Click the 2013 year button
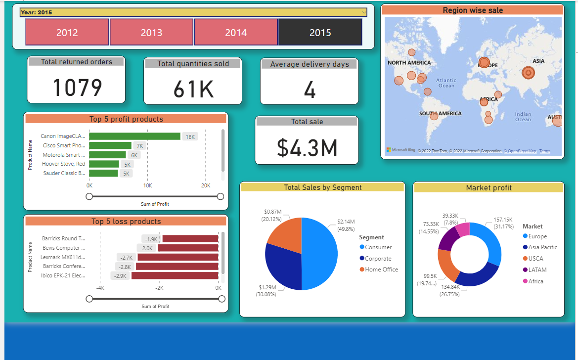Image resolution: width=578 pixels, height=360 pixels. click(151, 33)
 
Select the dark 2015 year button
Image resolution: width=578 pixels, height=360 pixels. click(320, 33)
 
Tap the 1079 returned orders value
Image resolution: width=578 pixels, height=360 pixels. click(77, 88)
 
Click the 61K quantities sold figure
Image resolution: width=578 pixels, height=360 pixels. click(193, 90)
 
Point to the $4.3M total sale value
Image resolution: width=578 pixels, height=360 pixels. click(307, 147)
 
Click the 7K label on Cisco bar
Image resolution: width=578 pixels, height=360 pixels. click(140, 146)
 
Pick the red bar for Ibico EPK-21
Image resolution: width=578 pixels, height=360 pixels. click(175, 275)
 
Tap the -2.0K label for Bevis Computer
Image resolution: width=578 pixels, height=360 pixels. click(147, 248)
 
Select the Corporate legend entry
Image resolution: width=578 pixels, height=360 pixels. click(378, 259)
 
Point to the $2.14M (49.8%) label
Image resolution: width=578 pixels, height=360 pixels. click(346, 225)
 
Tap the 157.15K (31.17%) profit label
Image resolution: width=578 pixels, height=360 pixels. click(503, 223)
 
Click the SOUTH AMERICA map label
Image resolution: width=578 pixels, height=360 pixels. click(440, 113)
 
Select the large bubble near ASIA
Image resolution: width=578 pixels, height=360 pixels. click(528, 73)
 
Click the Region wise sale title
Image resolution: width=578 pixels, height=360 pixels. click(473, 10)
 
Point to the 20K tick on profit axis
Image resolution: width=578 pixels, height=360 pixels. click(206, 185)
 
